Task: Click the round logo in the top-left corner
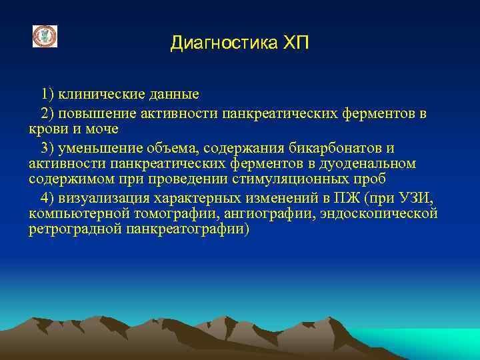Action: [45, 37]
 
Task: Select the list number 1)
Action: [48, 95]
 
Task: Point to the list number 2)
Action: [48, 114]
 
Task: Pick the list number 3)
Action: [48, 147]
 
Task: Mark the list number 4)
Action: [48, 198]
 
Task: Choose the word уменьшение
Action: [98, 147]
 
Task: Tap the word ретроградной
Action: [72, 230]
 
